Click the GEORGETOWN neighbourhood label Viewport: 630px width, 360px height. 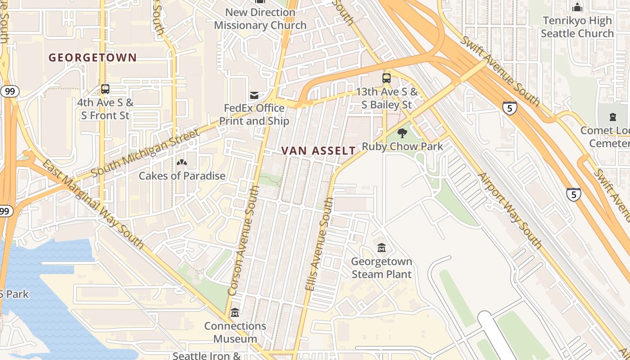tap(92, 58)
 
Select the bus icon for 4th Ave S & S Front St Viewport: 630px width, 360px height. tap(105, 89)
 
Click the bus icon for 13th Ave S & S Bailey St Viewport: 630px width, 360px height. tap(387, 78)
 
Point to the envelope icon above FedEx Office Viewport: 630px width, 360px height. tap(254, 95)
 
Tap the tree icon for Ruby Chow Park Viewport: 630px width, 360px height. tap(402, 133)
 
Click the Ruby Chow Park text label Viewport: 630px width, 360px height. tap(402, 146)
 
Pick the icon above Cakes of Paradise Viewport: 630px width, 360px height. tap(182, 162)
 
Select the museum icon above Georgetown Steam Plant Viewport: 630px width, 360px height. tap(382, 247)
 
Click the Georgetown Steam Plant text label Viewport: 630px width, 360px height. tap(382, 268)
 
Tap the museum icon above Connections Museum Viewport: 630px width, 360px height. tap(235, 312)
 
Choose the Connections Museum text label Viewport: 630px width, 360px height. tap(235, 332)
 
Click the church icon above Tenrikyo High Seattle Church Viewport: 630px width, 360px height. tap(577, 7)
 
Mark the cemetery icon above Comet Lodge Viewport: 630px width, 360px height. tap(612, 117)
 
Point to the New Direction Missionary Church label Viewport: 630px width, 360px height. tap(260, 19)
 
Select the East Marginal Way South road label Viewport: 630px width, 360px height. tap(93, 203)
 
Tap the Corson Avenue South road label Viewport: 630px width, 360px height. tap(243, 241)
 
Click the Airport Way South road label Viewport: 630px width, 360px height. tap(509, 210)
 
